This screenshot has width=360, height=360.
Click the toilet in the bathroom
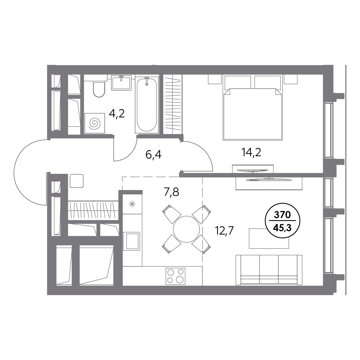point(99,89)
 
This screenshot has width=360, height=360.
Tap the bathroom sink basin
point(121,83)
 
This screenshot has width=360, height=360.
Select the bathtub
point(147,105)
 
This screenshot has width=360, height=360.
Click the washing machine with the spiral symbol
point(94,123)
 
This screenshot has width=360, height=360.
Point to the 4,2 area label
point(117,114)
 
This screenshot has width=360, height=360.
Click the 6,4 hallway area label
point(153,155)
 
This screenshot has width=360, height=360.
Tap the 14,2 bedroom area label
point(251,152)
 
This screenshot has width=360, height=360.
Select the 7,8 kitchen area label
point(171,192)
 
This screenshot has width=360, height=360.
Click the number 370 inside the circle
point(282,215)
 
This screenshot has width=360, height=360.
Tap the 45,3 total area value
point(282,228)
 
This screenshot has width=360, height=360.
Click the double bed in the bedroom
point(253,108)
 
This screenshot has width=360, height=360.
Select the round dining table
point(186,229)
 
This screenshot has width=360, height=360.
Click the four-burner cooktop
point(176,276)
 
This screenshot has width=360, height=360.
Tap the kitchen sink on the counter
point(132,241)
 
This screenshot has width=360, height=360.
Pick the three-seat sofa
point(269,270)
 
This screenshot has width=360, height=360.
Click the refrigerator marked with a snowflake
point(132,204)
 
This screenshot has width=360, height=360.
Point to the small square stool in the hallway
point(77,181)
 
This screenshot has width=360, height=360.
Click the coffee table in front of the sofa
point(269,238)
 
